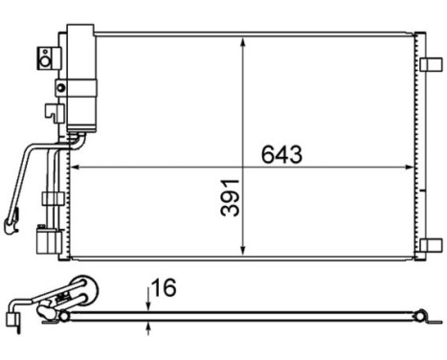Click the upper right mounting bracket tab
click(430, 64)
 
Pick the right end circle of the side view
click(423, 313)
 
